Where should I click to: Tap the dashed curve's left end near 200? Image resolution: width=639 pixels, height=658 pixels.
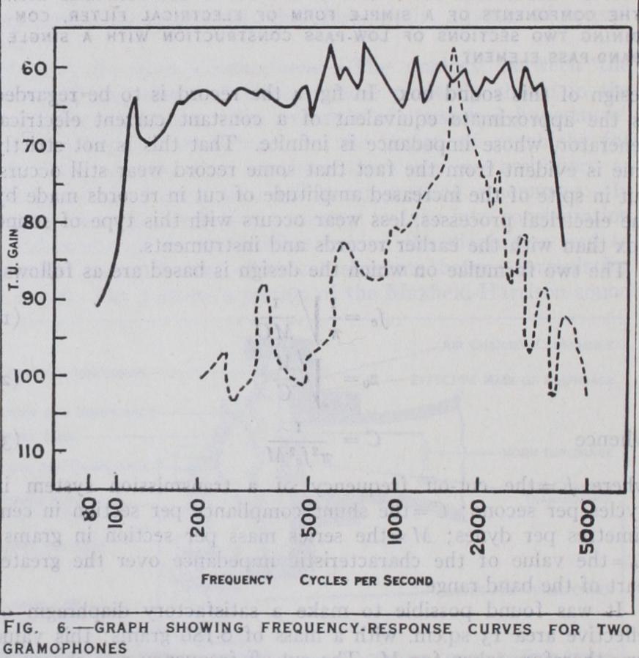(202, 377)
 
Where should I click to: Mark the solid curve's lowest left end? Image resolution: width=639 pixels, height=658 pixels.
(97, 306)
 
